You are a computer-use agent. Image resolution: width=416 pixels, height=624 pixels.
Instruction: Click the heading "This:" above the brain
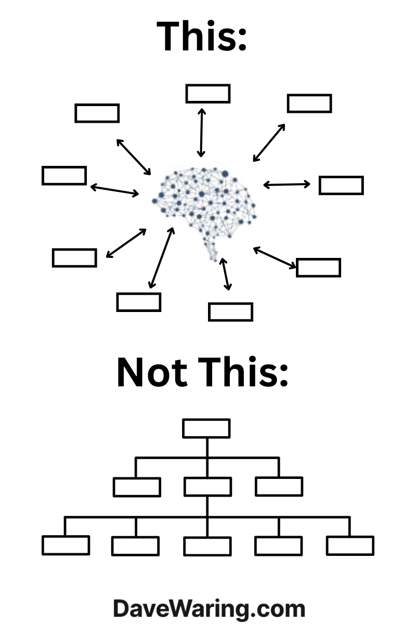click(x=202, y=36)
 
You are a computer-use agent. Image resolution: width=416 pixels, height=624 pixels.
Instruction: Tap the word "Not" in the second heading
click(x=151, y=372)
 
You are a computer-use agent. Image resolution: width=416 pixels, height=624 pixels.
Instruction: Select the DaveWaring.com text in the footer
click(x=209, y=608)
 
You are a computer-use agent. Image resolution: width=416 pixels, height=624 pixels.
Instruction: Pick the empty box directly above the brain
click(x=207, y=94)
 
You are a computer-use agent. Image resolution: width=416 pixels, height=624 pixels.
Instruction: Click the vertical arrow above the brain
click(x=201, y=132)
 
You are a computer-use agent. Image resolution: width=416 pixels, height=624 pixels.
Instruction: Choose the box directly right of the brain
click(x=341, y=185)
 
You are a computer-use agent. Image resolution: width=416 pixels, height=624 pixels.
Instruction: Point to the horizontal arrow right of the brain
click(x=287, y=184)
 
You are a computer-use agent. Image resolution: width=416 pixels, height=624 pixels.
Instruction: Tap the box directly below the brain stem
click(x=230, y=311)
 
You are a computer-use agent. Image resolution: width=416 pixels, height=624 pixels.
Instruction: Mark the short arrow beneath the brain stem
click(x=225, y=274)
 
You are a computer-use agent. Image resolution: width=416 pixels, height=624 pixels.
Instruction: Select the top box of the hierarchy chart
click(x=206, y=428)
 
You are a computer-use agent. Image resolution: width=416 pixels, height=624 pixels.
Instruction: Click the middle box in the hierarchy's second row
click(x=207, y=487)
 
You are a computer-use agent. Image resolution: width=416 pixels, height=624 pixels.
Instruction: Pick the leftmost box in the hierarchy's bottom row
click(x=66, y=545)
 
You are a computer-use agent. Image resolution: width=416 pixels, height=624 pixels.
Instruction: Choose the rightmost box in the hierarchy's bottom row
click(x=350, y=545)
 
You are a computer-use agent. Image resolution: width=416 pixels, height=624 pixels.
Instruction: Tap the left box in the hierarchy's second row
click(x=136, y=487)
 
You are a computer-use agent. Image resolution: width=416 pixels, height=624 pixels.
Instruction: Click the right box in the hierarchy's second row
click(x=279, y=487)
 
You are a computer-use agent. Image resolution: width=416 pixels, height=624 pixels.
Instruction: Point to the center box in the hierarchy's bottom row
click(x=207, y=546)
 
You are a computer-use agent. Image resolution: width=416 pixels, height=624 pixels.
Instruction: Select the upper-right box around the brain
click(x=309, y=103)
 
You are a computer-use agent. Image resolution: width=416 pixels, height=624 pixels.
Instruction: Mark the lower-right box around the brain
click(x=318, y=267)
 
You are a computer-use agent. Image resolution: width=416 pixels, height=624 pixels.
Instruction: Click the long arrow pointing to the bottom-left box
click(x=161, y=257)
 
